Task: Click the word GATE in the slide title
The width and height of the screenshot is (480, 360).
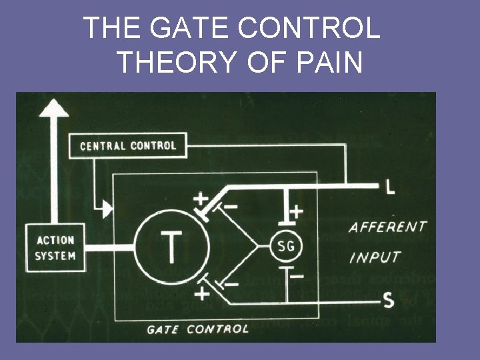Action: point(186,28)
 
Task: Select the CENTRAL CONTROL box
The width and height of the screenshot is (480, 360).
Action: point(128,145)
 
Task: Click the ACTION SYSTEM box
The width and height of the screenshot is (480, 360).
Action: point(55,248)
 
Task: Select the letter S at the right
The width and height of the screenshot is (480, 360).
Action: point(388,302)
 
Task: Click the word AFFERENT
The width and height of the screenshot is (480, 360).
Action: point(387,227)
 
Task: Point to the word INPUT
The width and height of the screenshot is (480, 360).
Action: point(374,257)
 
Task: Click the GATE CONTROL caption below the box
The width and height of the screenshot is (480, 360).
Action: point(197,329)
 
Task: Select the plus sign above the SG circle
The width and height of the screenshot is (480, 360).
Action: point(295,211)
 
